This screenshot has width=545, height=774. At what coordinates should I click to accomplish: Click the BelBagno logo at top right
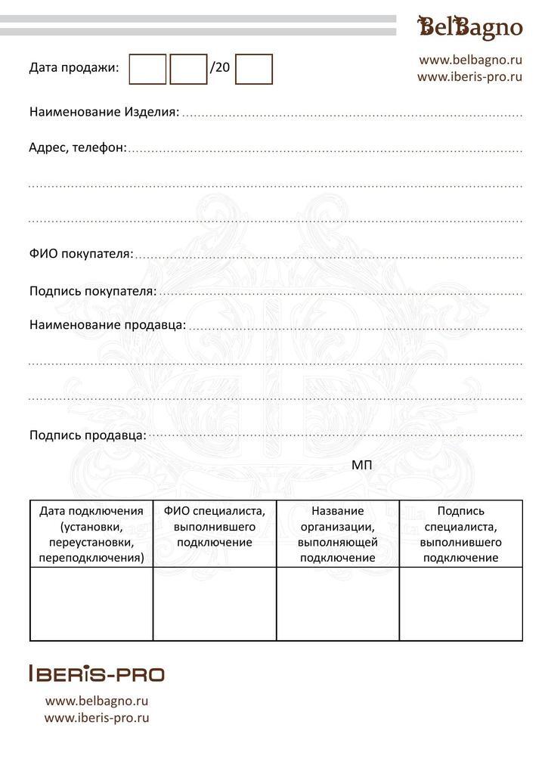470,28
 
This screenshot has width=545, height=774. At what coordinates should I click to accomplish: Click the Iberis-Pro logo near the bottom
96,673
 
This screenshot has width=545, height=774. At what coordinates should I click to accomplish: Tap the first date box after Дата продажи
147,70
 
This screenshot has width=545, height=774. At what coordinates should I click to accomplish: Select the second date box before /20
188,70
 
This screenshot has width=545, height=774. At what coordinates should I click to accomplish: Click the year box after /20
254,70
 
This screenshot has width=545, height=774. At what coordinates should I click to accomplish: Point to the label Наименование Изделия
104,112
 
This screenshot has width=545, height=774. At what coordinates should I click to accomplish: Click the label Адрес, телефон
78,147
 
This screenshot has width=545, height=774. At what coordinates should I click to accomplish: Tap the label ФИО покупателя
81,253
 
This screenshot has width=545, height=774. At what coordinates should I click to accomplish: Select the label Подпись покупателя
93,291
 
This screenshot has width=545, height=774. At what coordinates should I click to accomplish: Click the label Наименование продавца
107,325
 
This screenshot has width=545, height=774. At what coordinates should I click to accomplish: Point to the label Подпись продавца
88,435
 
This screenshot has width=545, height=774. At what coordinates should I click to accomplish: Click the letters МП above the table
362,465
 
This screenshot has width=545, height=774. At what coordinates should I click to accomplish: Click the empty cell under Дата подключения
91,604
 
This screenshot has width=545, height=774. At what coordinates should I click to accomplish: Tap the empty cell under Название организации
338,604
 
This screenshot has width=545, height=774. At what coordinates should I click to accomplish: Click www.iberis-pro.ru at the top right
470,76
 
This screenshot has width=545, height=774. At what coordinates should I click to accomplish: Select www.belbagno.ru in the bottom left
97,701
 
